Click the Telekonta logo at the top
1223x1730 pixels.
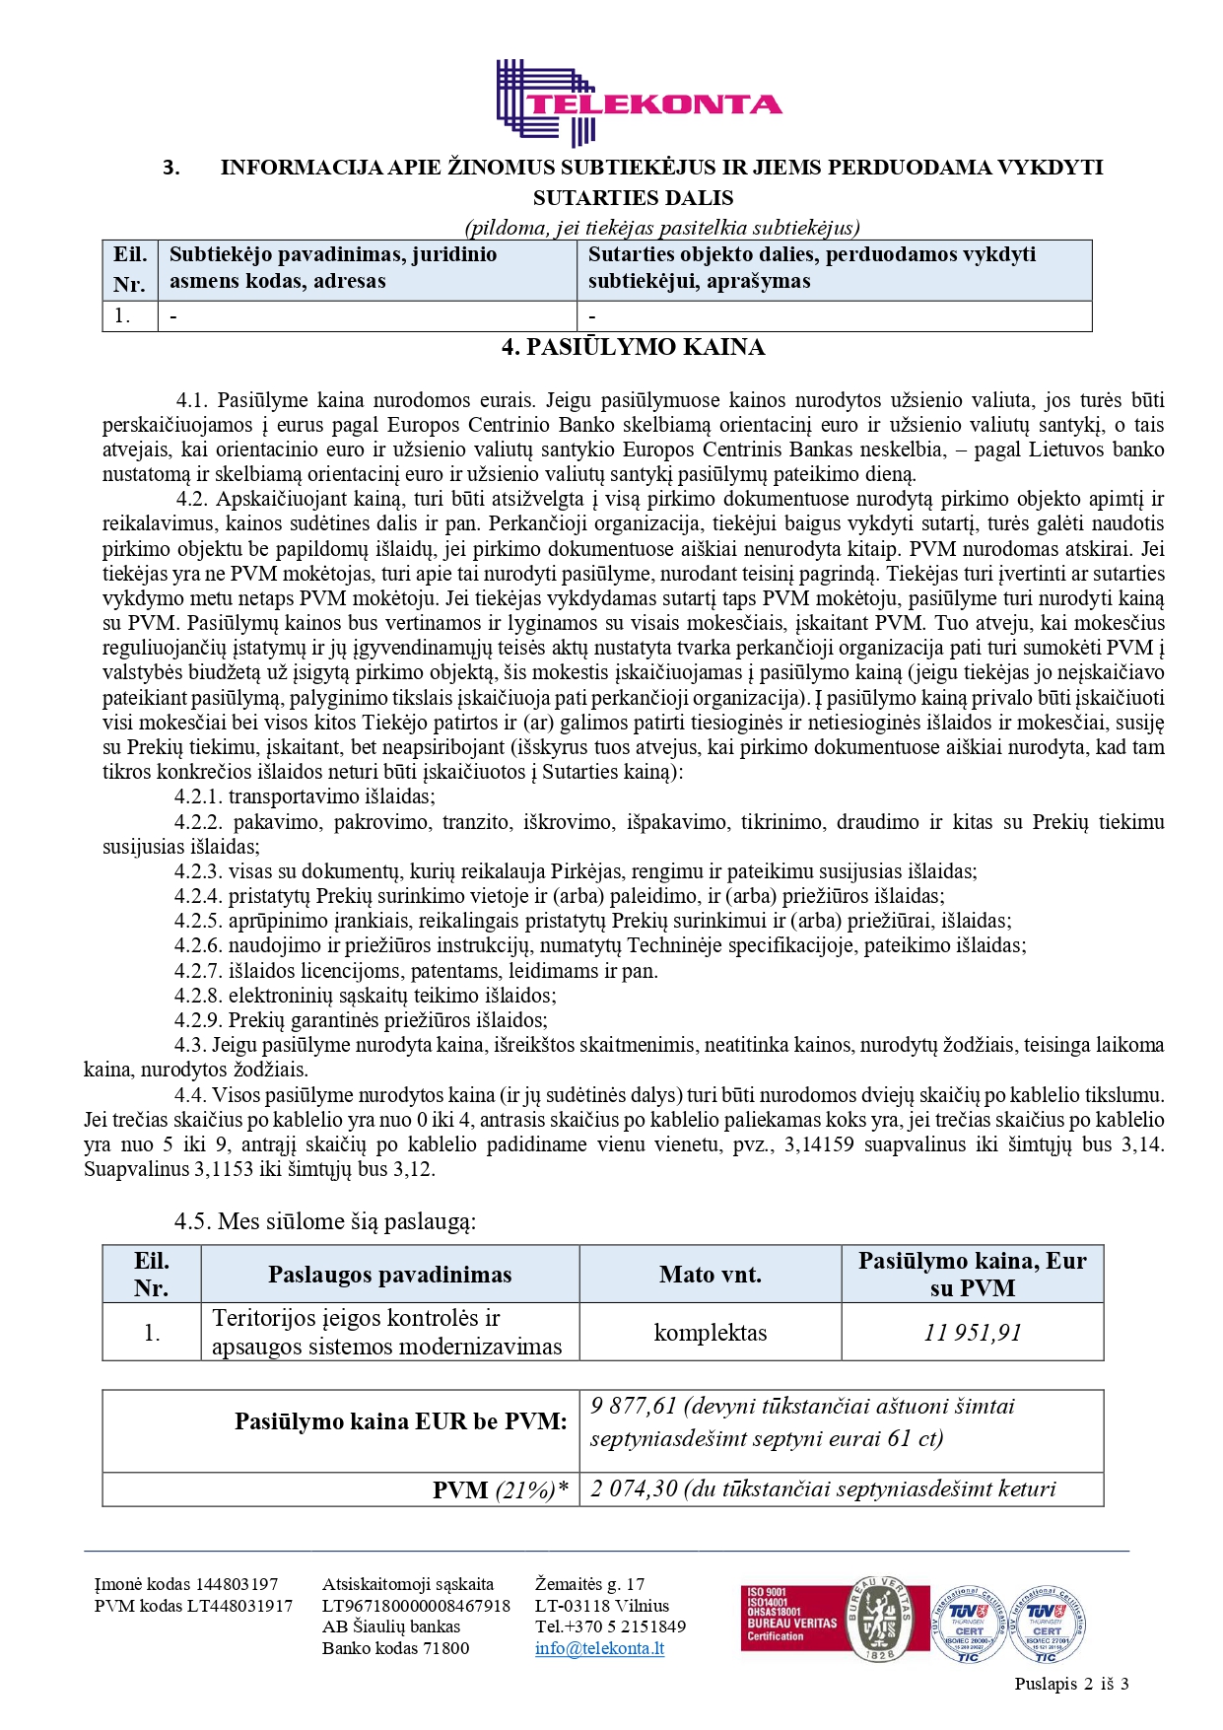(639, 104)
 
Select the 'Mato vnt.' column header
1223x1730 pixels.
(710, 1275)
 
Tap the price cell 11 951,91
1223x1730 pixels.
(972, 1333)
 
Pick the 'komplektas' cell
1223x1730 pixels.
(710, 1333)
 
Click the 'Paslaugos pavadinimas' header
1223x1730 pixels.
(389, 1275)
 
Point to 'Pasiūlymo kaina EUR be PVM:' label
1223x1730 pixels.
(400, 1421)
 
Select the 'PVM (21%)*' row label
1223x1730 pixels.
(501, 1490)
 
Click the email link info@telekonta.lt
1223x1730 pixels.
(599, 1648)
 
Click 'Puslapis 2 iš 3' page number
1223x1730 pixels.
(1071, 1684)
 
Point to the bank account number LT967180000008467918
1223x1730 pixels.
(416, 1606)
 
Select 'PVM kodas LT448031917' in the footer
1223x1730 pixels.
(193, 1606)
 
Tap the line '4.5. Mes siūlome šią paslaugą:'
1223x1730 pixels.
(325, 1222)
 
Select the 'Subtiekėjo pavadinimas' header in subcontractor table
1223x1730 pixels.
(333, 254)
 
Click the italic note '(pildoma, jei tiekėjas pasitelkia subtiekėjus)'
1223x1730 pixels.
(662, 228)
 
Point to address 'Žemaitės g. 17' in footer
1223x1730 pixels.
(589, 1584)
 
